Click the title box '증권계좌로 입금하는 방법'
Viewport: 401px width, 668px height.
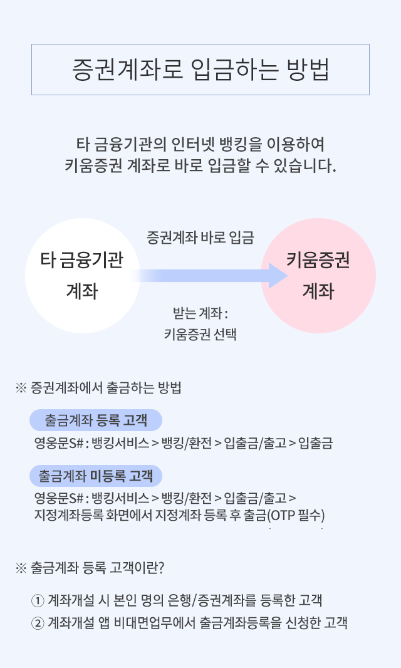200,70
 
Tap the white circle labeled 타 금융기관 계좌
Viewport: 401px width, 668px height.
83,276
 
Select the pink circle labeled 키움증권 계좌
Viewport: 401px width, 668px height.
318,276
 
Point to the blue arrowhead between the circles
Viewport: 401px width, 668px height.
278,276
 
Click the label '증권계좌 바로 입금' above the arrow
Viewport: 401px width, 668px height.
200,237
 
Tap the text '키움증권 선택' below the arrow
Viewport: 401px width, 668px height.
200,334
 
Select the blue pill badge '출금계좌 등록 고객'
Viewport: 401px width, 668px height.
96,420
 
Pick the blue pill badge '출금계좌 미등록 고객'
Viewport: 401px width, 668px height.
96,476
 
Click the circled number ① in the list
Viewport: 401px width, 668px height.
38,601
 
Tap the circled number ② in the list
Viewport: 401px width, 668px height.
38,624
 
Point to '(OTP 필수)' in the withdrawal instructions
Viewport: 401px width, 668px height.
296,516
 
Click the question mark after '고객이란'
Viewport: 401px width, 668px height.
160,568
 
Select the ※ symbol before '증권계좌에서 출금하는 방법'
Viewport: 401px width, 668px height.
21,388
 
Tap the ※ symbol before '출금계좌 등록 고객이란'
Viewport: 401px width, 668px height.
21,568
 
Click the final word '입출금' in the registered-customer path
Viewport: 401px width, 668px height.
315,444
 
